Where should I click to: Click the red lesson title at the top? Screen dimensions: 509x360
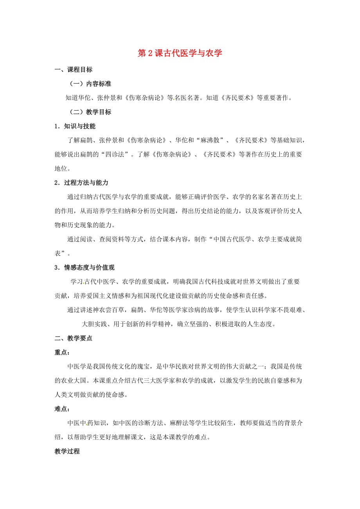pyautogui.click(x=180, y=54)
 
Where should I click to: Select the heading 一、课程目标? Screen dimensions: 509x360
pyautogui.click(x=74, y=70)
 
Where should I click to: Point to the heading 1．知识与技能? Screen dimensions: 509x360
pyautogui.click(x=75, y=126)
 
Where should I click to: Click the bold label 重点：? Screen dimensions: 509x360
pyautogui.click(x=62, y=352)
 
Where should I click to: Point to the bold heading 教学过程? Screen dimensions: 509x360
pyautogui.click(x=67, y=451)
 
